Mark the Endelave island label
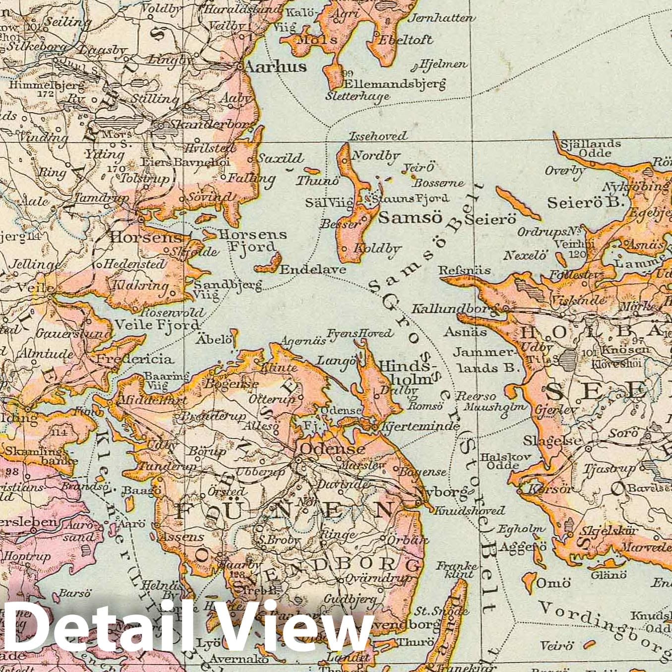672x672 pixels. click(312, 269)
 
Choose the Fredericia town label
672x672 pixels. click(134, 359)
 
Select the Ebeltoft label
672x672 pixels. click(406, 40)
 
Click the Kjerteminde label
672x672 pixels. click(420, 426)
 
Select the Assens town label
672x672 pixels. click(181, 537)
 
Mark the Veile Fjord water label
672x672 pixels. click(157, 325)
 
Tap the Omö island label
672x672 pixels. click(553, 583)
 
